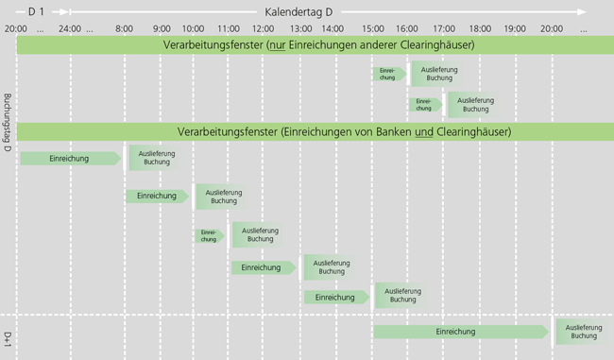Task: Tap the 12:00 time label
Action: (264, 27)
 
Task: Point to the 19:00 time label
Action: (515, 27)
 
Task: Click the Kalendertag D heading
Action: (299, 10)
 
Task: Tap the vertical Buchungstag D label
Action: (8, 123)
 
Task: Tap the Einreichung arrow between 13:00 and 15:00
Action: (335, 297)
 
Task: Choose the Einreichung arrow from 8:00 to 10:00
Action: (157, 196)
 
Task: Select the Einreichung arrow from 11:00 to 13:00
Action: (263, 267)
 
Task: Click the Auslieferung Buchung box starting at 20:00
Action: (583, 332)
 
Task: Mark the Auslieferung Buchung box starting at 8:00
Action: (155, 158)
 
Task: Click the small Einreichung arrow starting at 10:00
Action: (209, 235)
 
